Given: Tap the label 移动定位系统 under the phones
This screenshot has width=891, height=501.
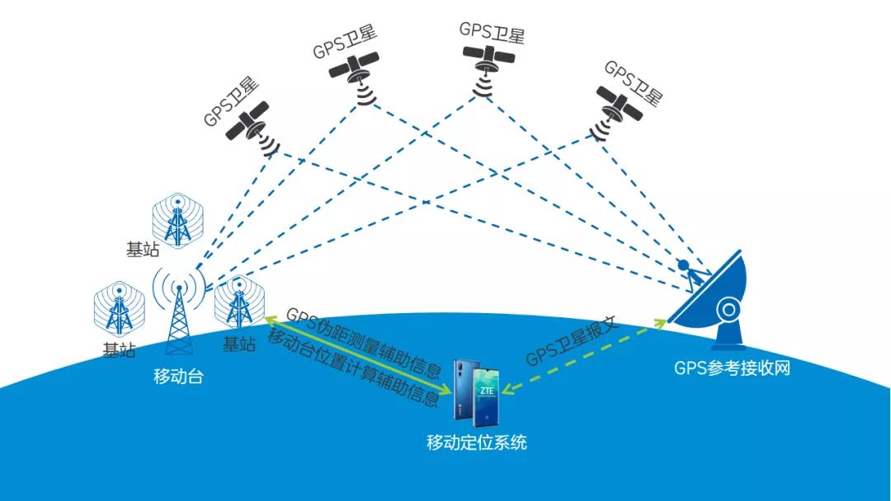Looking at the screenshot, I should click(476, 442).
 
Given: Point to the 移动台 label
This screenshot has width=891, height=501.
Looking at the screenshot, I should click(178, 377).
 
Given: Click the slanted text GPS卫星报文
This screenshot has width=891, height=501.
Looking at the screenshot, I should click(572, 342).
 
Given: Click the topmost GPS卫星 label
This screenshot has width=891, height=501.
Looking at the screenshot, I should click(492, 33).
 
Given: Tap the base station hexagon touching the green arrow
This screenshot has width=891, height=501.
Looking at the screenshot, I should click(238, 302).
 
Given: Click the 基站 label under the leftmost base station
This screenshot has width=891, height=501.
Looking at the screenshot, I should click(119, 349).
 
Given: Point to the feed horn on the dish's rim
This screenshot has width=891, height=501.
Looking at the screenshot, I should click(684, 268).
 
